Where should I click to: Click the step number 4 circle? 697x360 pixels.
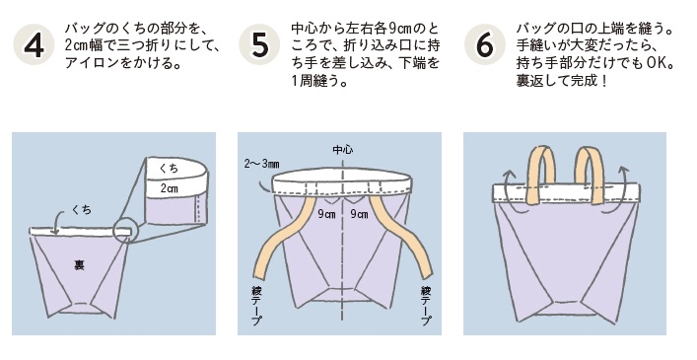click(34, 44)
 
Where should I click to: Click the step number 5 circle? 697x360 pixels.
click(259, 44)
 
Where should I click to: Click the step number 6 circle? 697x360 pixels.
click(484, 44)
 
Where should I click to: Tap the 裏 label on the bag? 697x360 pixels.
click(79, 265)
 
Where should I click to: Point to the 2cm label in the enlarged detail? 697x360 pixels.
click(170, 188)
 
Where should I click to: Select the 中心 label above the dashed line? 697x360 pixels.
click(343, 150)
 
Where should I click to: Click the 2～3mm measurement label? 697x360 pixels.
click(261, 164)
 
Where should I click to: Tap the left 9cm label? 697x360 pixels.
click(326, 214)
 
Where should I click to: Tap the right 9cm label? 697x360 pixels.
click(359, 214)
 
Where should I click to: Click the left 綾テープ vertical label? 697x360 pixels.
click(256, 306)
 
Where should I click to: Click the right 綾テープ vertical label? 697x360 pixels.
click(426, 306)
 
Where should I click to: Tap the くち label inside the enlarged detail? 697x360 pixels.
click(169, 168)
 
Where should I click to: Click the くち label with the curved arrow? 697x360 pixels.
click(82, 209)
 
